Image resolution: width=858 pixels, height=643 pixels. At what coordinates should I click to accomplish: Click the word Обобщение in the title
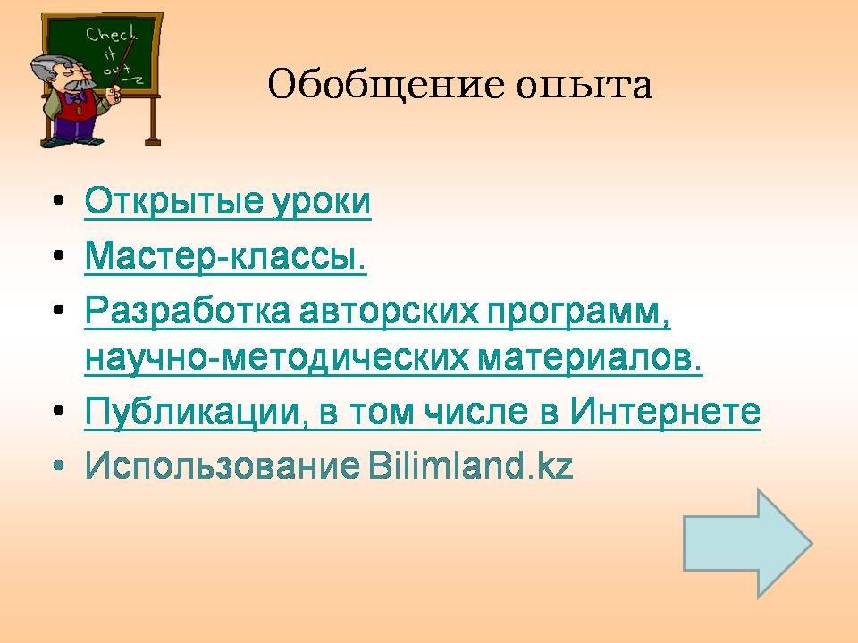[385, 85]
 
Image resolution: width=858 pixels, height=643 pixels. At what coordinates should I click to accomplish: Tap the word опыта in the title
[585, 87]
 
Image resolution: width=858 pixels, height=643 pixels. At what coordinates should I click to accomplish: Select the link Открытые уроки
[228, 202]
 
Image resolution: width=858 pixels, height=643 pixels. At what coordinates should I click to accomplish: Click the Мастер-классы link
[225, 256]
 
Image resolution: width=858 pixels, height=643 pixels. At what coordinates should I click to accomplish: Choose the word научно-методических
[277, 360]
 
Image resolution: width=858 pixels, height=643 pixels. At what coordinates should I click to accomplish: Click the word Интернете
[665, 411]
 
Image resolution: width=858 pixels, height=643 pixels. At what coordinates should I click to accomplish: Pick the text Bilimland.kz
[469, 465]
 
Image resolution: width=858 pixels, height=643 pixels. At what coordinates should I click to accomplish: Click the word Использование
[223, 466]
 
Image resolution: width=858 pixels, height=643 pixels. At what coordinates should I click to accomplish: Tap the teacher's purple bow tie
[75, 98]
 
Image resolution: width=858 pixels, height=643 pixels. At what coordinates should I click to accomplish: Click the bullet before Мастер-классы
[59, 255]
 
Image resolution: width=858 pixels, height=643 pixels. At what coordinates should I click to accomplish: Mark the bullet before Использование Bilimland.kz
[59, 465]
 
